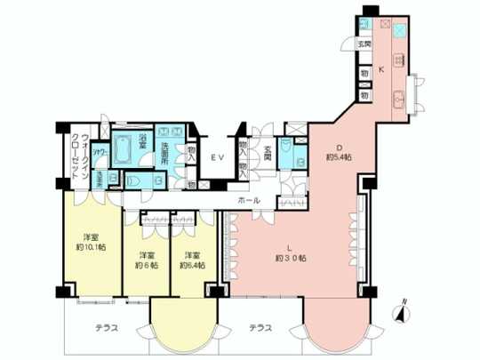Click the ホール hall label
249,201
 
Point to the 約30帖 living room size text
291,259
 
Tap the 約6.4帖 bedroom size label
192,264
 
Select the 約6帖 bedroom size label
146,264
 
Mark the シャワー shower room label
102,154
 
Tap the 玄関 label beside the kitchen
364,44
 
